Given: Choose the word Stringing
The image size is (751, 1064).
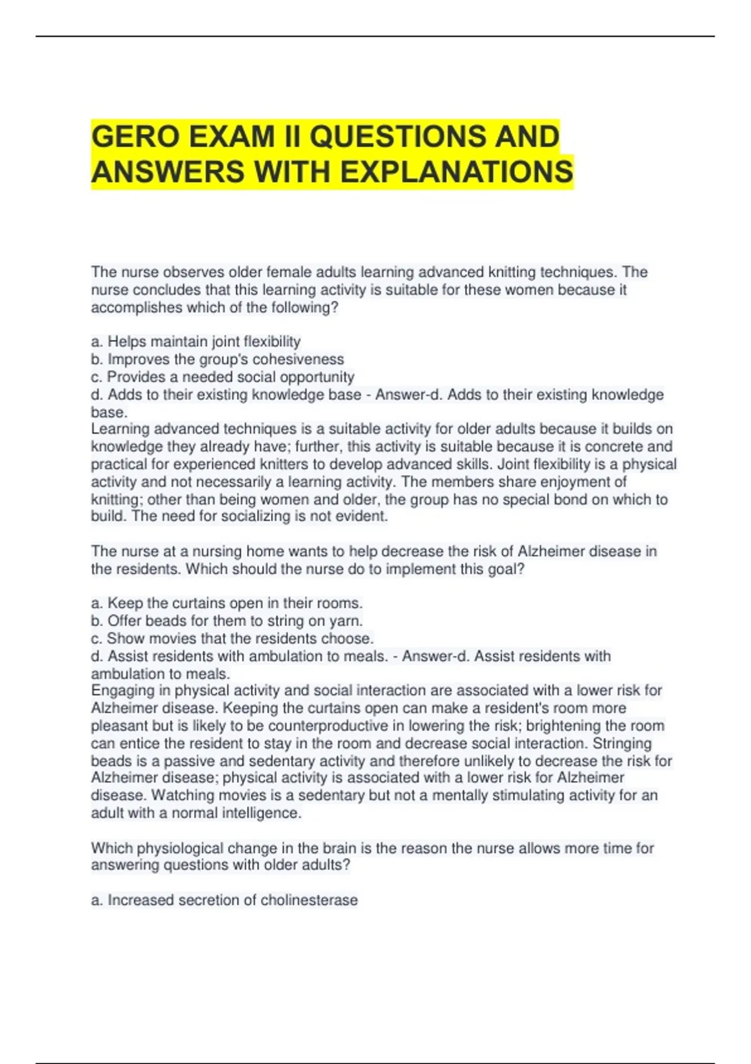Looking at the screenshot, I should tap(622, 744).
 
